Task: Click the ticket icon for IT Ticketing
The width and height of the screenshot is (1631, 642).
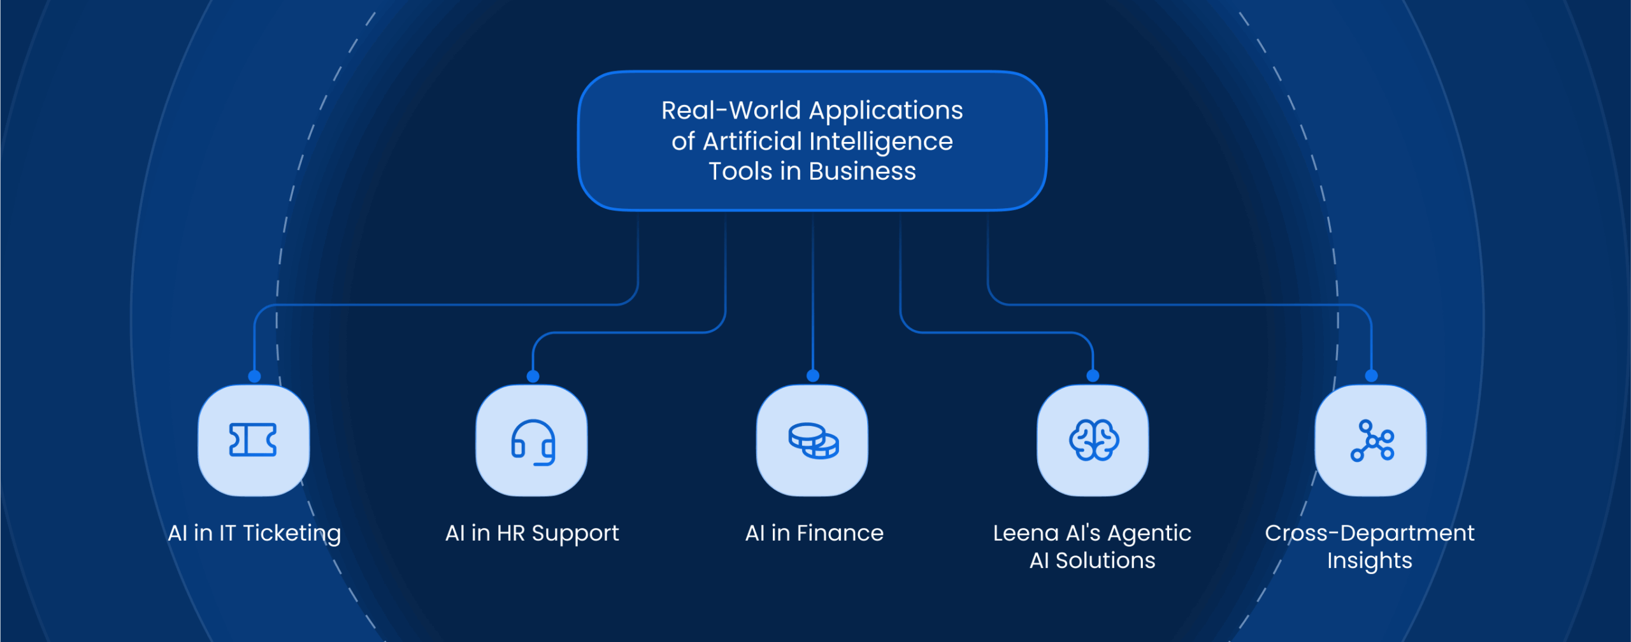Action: (253, 440)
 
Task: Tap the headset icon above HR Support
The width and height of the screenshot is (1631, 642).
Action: (533, 442)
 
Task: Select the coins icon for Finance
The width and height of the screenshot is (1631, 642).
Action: (813, 441)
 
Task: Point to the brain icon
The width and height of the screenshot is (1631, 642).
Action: (1093, 440)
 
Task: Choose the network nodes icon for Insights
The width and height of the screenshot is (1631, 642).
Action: (1372, 441)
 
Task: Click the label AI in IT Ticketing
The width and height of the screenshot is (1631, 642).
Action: (254, 533)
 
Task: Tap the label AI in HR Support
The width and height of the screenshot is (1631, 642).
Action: (532, 533)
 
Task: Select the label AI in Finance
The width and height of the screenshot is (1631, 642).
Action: (814, 533)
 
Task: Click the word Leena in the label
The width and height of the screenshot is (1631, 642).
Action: (1025, 533)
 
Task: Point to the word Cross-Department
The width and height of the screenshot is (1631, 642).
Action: (1369, 533)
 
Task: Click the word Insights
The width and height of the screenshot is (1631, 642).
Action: (1369, 561)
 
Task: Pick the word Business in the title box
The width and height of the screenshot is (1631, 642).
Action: (862, 171)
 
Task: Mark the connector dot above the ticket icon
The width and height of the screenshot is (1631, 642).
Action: (254, 376)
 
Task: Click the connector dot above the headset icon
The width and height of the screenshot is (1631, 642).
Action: (533, 376)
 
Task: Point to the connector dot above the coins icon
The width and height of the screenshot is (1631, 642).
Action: (813, 376)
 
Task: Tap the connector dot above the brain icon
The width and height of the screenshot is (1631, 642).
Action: (1093, 376)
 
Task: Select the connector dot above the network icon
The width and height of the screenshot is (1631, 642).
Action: (1372, 376)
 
